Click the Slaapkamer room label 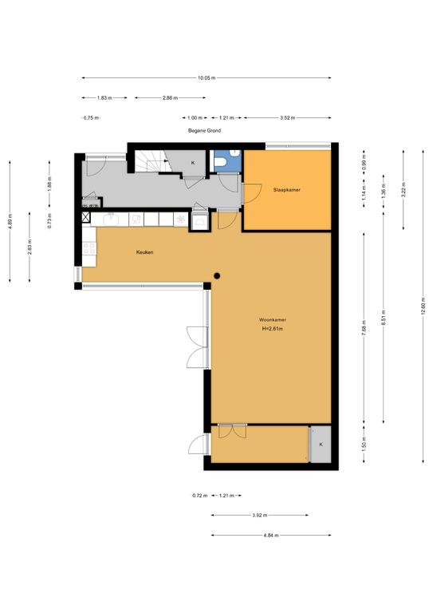(x=285, y=190)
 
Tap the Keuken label (x=144, y=252)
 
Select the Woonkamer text (x=272, y=319)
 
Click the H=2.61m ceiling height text (x=272, y=329)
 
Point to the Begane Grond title (x=205, y=131)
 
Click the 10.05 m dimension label (x=207, y=77)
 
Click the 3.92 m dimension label (x=260, y=516)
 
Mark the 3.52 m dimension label (x=288, y=117)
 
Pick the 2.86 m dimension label (x=169, y=97)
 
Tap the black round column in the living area (x=216, y=276)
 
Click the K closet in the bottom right (x=321, y=444)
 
